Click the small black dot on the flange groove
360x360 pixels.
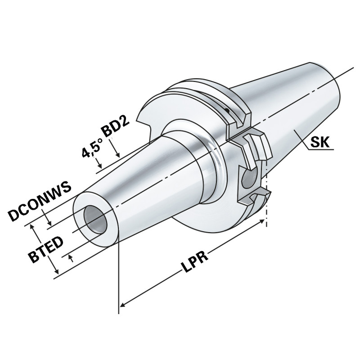(x=227, y=110)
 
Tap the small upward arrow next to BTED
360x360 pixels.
(x=70, y=257)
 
